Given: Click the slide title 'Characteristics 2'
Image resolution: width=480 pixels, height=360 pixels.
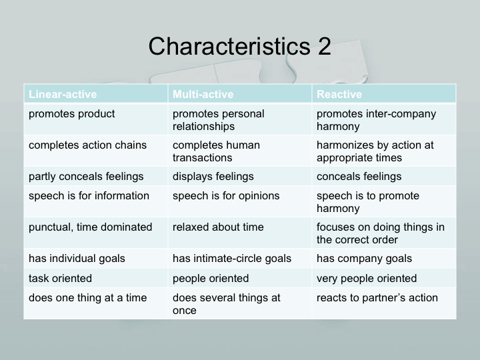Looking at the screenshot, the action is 240,46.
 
